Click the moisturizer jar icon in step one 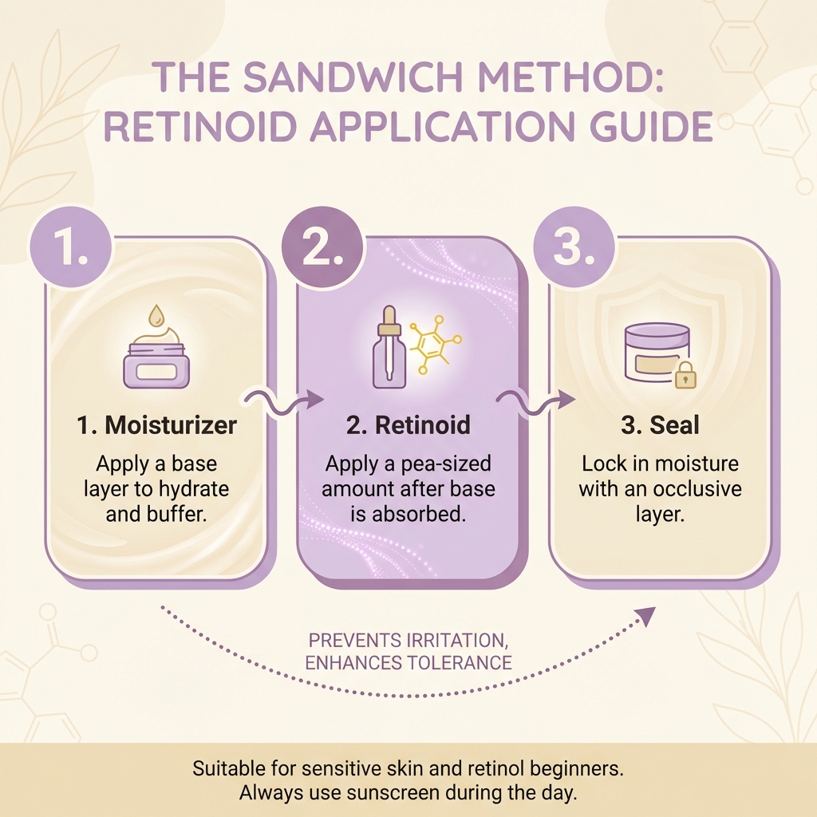(156, 365)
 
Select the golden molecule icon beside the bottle (432, 345)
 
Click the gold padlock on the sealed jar (685, 376)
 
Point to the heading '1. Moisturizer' (157, 425)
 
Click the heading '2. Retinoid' (408, 425)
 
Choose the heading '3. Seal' (660, 425)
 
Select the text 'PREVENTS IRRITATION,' (409, 641)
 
